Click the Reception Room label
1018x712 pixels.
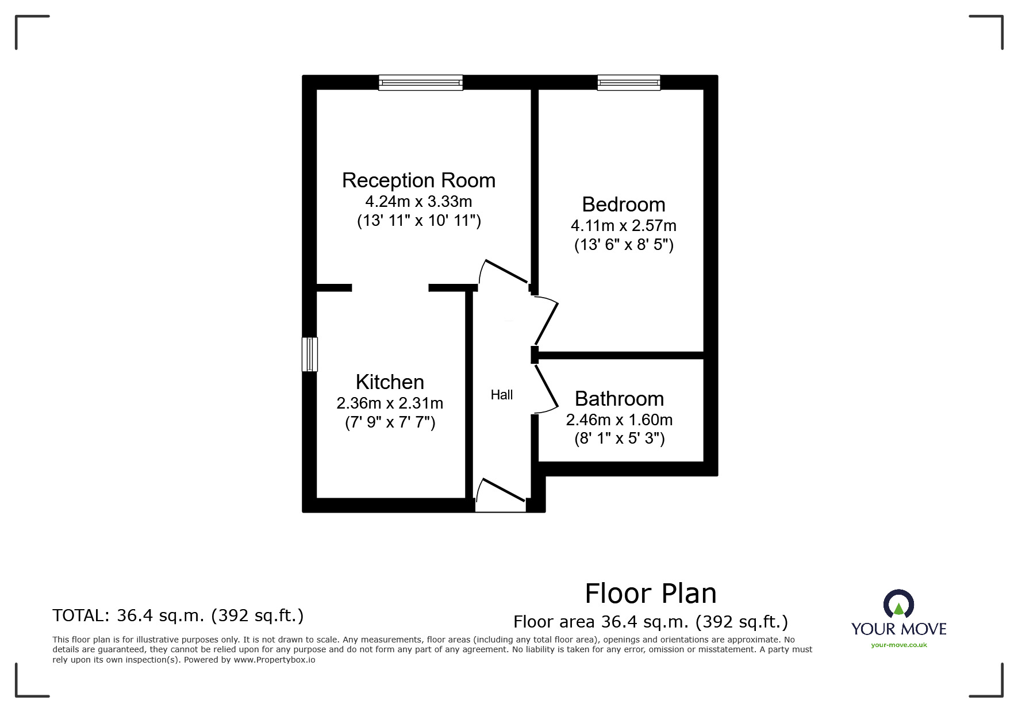coord(418,180)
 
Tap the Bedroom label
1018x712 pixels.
coord(623,205)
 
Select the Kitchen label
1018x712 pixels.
coord(390,382)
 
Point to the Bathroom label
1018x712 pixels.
coord(619,399)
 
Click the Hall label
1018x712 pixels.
coord(501,395)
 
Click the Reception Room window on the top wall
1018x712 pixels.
coord(420,83)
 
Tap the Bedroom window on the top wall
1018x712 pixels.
coord(628,83)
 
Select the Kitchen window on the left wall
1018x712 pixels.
coord(309,354)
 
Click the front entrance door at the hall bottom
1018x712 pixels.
coord(500,495)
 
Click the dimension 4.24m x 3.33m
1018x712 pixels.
coord(418,202)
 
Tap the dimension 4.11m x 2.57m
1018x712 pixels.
coord(623,226)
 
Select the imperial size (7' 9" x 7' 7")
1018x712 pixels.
coord(390,423)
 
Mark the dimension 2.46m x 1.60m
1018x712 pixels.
coord(619,420)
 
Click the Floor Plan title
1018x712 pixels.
coord(650,594)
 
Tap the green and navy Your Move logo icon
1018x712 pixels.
coord(898,605)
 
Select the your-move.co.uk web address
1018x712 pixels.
coord(898,645)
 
